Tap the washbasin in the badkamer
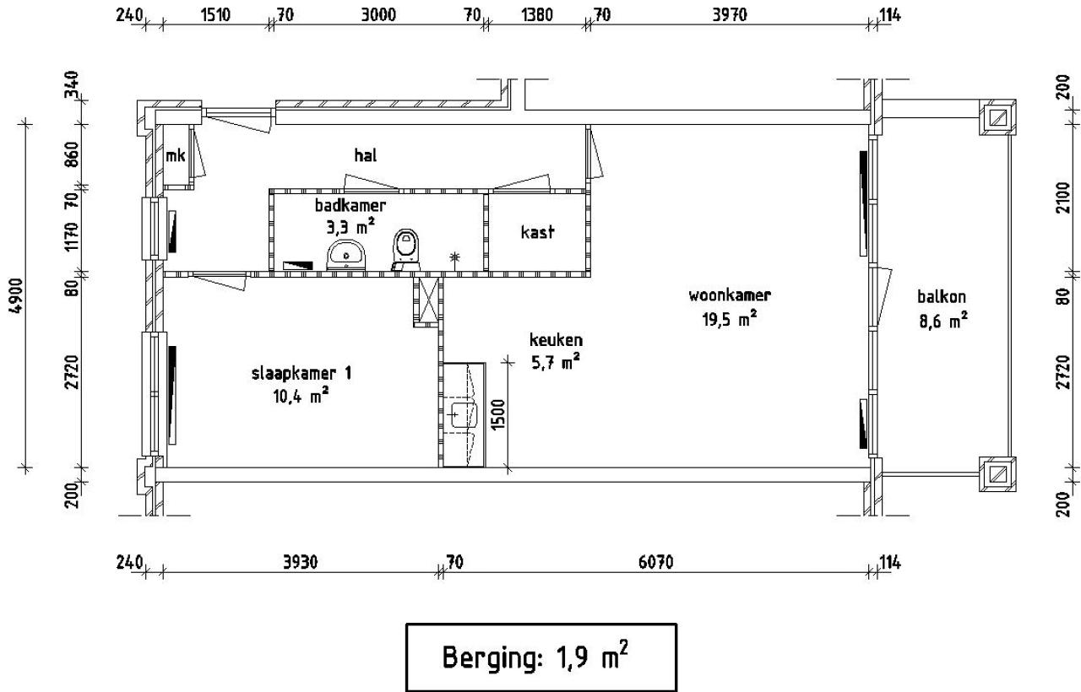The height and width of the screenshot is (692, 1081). point(346,252)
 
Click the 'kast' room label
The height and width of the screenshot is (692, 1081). point(538,231)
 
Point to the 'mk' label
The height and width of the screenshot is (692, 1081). point(175,154)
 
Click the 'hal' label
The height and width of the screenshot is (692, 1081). point(365,155)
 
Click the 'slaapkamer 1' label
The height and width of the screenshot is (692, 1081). point(290,373)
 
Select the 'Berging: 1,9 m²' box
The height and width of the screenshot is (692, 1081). point(541,657)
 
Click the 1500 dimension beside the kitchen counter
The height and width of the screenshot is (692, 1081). point(499,415)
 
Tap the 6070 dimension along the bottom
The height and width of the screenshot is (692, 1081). point(655,563)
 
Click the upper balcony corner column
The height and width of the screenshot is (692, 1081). point(997,118)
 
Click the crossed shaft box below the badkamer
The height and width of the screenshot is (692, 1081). point(426,300)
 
